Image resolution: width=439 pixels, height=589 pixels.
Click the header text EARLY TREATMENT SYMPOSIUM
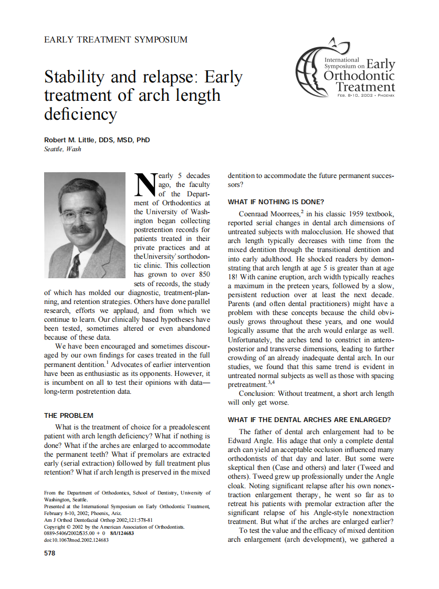tap(116, 39)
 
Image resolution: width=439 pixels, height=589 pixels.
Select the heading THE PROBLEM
tap(69, 415)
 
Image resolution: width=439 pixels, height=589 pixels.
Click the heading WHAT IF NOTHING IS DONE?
tap(276, 202)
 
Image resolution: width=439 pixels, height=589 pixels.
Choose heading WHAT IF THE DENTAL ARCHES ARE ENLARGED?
tap(309, 420)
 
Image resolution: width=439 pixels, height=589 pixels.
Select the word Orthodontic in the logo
tap(359, 76)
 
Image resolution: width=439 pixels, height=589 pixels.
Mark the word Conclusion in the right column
tap(256, 393)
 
